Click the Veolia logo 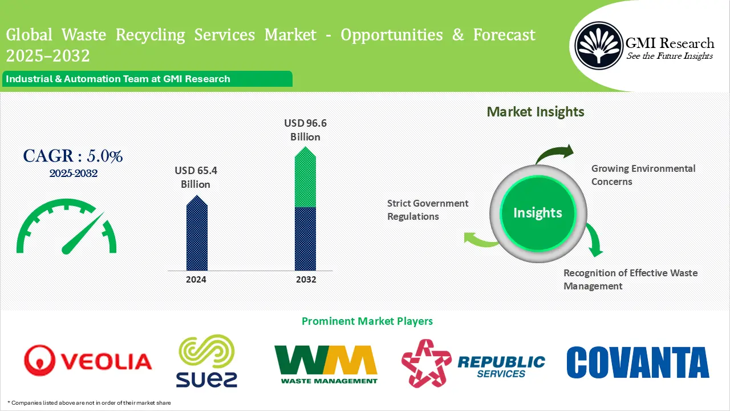[x=88, y=361]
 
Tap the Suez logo [x=206, y=361]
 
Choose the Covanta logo [x=638, y=362]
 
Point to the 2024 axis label [x=196, y=280]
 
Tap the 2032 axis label [x=306, y=280]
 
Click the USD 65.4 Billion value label [x=196, y=177]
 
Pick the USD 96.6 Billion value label [x=306, y=130]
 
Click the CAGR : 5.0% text [x=73, y=156]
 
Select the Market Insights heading [x=536, y=111]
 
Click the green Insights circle [x=537, y=213]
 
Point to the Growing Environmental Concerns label [x=643, y=175]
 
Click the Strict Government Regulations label [x=428, y=209]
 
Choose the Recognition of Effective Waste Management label [x=630, y=279]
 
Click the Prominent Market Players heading [x=367, y=321]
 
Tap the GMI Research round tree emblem [x=598, y=46]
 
